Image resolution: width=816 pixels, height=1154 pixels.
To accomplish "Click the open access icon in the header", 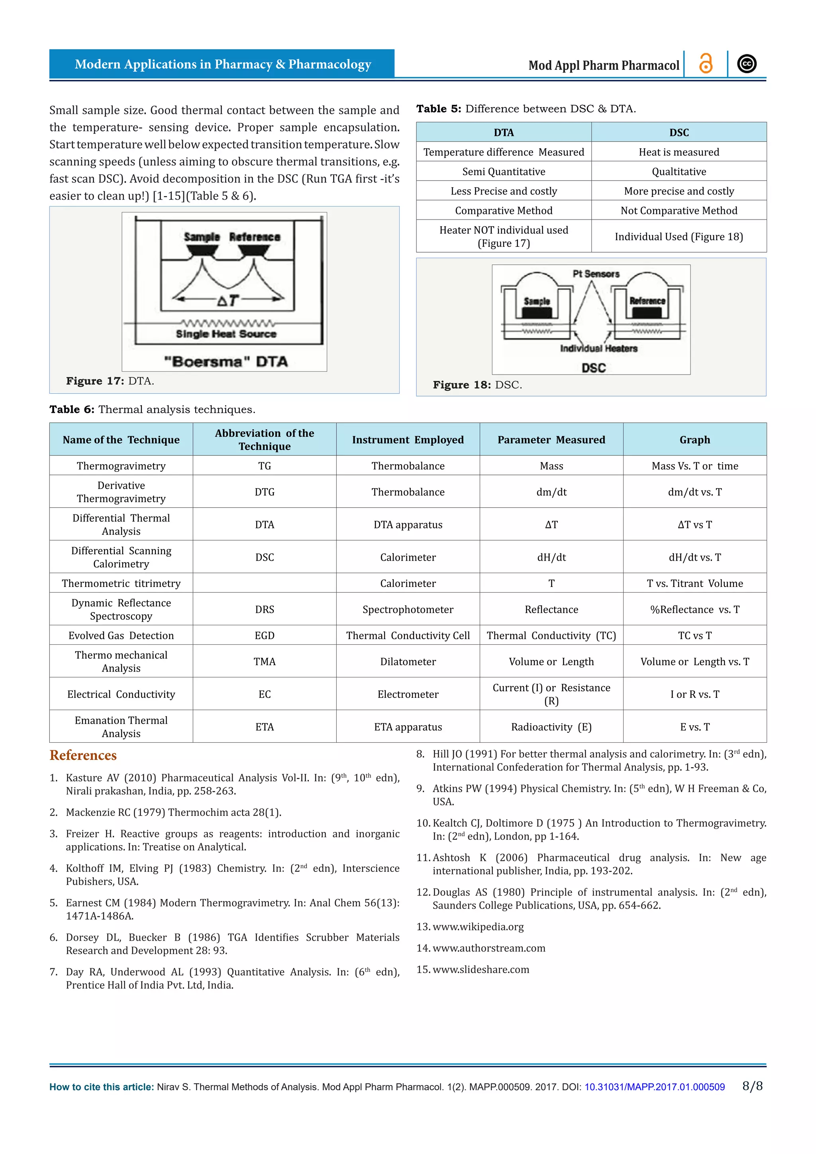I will [706, 64].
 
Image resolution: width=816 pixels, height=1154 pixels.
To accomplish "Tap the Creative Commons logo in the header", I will [747, 64].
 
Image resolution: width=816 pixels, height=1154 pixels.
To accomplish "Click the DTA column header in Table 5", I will [504, 132].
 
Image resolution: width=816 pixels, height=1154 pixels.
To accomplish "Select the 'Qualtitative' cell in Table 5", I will [679, 171].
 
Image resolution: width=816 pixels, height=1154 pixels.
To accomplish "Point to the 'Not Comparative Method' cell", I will [679, 210].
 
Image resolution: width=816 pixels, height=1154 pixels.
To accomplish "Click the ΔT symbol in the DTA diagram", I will [228, 300].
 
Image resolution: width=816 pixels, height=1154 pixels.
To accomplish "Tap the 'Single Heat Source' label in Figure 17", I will [226, 334].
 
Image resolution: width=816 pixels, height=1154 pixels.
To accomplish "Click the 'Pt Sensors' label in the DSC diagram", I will [596, 274].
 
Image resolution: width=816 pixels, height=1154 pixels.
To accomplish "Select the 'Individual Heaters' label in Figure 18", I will [598, 348].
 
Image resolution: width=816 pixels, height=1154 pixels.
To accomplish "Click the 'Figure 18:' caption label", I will [462, 385].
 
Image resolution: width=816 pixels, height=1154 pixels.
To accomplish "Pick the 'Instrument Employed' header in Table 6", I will [408, 440].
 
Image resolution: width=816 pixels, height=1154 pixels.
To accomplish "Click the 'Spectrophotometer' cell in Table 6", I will [408, 610].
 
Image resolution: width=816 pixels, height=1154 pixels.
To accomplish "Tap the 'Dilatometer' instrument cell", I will [408, 662].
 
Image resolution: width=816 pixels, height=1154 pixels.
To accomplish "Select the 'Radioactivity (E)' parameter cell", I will [551, 727].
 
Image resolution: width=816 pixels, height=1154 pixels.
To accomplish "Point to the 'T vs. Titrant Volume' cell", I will [694, 583].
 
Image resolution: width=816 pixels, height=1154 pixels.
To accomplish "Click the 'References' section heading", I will [83, 756].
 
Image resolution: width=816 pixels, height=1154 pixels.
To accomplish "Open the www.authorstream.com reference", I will [489, 948].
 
